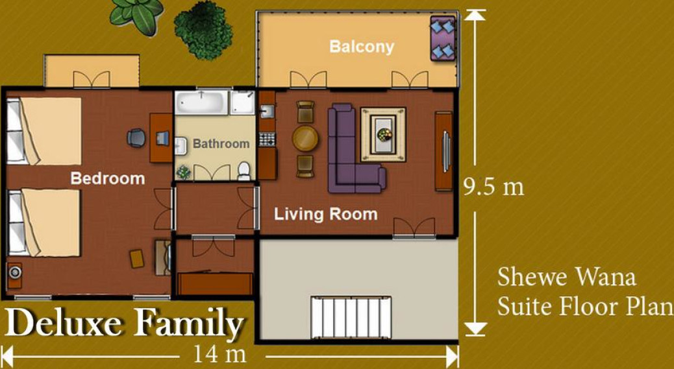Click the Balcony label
[x=362, y=47]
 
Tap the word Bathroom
[x=221, y=144]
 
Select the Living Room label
[x=326, y=214]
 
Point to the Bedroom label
[x=107, y=178]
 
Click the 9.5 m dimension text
[x=493, y=187]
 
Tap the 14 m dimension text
[x=219, y=355]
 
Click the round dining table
[x=305, y=138]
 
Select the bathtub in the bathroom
[x=201, y=103]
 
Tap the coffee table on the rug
[x=383, y=135]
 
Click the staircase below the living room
[x=351, y=316]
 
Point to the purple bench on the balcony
[x=443, y=38]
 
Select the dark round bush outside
[x=203, y=30]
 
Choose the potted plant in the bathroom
[x=184, y=172]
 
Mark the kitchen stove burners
[x=266, y=139]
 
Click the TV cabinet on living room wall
[x=443, y=151]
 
